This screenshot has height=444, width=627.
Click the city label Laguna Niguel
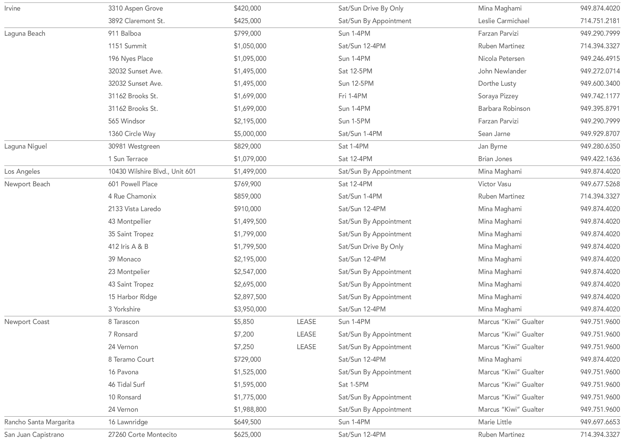[x=25, y=146]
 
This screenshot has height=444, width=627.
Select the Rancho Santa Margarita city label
[x=39, y=422]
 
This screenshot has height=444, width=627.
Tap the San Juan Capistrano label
[x=34, y=435]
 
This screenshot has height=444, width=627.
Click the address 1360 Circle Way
[x=132, y=134]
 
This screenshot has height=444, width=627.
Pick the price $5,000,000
[x=250, y=134]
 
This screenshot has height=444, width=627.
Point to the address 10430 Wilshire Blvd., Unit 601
[x=152, y=171]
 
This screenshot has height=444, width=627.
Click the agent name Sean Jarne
[x=494, y=134]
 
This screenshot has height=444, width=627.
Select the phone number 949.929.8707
[x=600, y=134]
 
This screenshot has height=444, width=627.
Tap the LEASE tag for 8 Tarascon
[x=306, y=322]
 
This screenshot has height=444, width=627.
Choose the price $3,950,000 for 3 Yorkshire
[x=250, y=309]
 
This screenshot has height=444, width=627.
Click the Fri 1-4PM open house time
[x=352, y=96]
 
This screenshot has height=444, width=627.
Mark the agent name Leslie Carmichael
[x=503, y=21]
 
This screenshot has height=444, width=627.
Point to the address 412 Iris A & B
[x=128, y=247]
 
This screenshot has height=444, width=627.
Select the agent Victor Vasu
[x=494, y=184]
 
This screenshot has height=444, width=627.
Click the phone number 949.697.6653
[x=600, y=422]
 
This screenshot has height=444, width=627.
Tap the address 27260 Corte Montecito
[x=142, y=435]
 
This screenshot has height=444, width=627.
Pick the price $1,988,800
[x=250, y=409]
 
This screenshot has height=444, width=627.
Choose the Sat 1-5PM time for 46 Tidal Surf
[x=353, y=385]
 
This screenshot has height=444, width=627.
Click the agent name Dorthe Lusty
[x=497, y=83]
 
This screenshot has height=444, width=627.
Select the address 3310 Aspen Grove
[x=135, y=8]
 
